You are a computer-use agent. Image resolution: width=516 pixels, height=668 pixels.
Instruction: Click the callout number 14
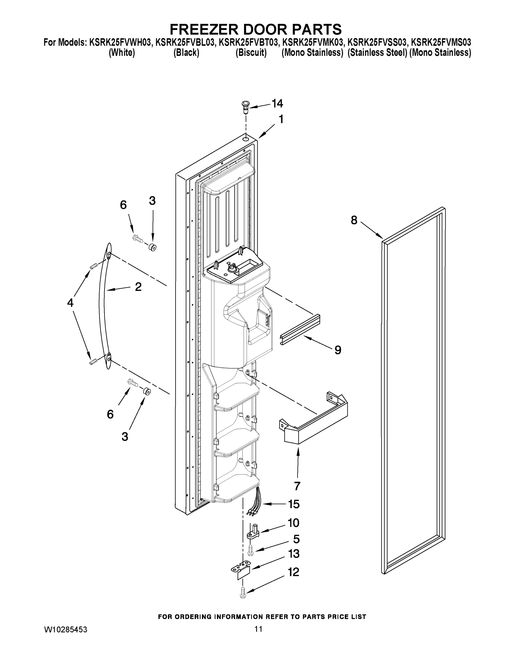coord(277,104)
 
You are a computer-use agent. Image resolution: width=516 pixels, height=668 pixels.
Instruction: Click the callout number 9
coord(337,350)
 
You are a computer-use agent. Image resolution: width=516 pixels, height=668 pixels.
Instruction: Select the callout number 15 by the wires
coord(294,504)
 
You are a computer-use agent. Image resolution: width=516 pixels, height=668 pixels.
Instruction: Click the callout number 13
coord(294,554)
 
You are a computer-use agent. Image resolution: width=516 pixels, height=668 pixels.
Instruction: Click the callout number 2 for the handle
coord(138,287)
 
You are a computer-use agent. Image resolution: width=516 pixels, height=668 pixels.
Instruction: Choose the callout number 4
coord(70,303)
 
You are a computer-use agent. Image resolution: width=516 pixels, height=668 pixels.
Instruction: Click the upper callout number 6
coord(123,205)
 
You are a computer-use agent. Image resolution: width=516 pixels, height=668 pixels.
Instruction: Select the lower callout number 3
coord(125,436)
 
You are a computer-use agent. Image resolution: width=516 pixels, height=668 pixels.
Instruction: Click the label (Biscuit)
coord(251,53)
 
